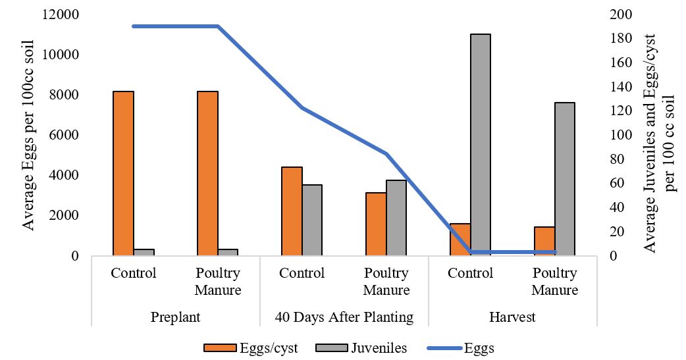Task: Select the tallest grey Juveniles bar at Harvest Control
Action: point(481,145)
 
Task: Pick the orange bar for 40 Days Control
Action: point(292,211)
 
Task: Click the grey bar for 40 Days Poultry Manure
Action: point(396,218)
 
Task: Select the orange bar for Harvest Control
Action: point(460,240)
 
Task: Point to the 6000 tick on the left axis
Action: point(64,135)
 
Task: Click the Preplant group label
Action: point(175,317)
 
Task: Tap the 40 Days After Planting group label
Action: point(344,317)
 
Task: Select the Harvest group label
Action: point(512,317)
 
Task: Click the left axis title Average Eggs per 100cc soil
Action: point(28,135)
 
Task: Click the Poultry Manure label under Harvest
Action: point(555,281)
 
